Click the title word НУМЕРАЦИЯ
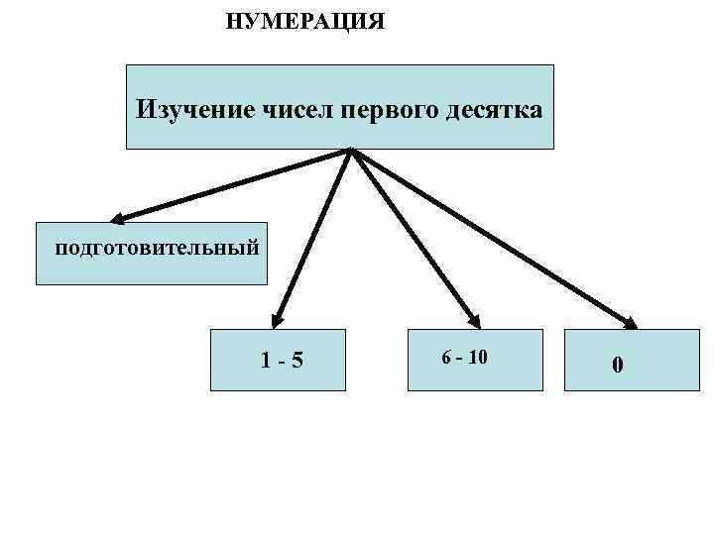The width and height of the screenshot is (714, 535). pos(304,21)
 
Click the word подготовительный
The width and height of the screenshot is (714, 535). pos(157,246)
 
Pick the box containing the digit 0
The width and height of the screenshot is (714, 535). pos(618,360)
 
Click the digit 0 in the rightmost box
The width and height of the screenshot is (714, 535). pos(618,366)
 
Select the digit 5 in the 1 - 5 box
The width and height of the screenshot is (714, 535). pos(297,363)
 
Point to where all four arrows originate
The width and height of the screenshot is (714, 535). pos(351,151)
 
